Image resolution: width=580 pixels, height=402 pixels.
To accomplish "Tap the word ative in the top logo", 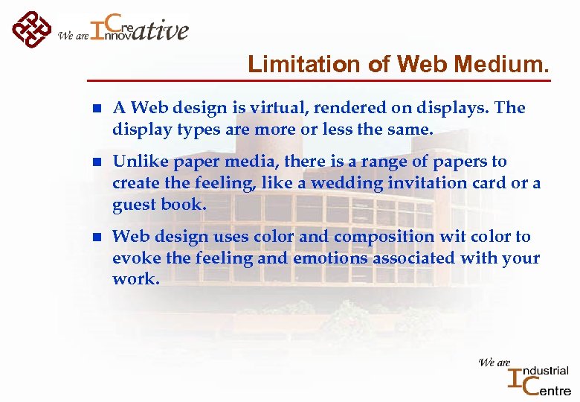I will [x=163, y=30].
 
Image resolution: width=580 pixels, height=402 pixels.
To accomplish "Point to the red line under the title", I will [x=320, y=80].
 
